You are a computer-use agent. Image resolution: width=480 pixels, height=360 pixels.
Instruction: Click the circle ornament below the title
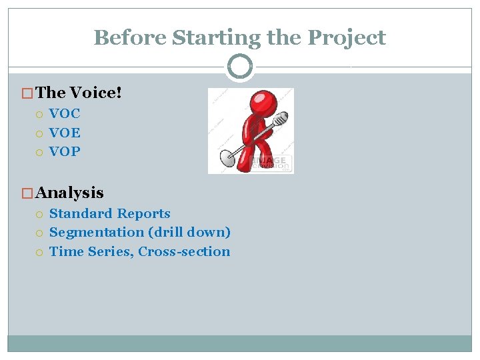[x=239, y=67]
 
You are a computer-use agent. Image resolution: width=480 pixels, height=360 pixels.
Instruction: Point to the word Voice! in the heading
[x=95, y=93]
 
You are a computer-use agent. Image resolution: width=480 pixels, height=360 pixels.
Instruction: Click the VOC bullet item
[x=65, y=113]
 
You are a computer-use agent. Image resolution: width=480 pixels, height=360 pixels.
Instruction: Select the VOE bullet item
[x=65, y=133]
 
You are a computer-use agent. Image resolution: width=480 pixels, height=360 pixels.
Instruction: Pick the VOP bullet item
[x=65, y=151]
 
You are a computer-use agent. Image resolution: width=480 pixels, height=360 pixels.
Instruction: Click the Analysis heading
[x=70, y=193]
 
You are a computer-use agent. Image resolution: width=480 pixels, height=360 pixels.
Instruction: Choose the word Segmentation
[x=97, y=233]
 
